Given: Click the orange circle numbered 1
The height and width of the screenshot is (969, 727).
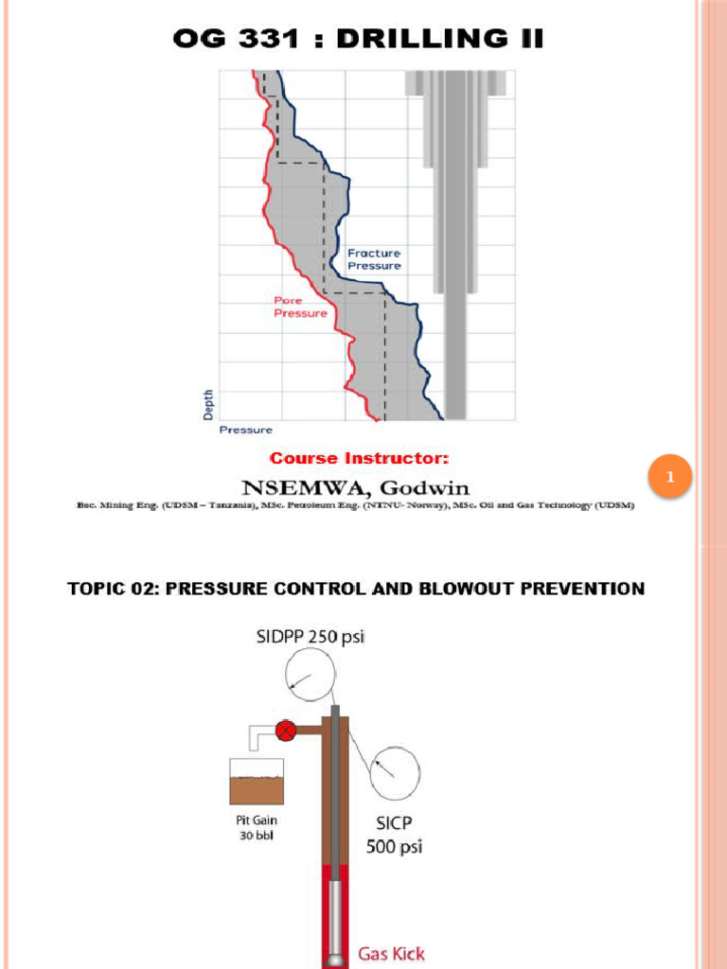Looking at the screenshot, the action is click(x=669, y=476).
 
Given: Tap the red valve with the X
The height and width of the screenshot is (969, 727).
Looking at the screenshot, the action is click(x=285, y=731).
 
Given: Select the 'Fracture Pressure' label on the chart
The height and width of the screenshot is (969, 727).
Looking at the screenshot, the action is click(x=374, y=259).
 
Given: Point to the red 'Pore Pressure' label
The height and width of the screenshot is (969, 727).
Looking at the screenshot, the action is click(x=300, y=307).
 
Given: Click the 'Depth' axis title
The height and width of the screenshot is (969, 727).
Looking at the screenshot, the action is click(x=208, y=405).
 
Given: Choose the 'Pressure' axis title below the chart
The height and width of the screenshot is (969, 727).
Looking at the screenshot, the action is click(x=245, y=431).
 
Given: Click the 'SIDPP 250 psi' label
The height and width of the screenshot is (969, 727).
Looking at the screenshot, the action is click(x=310, y=637).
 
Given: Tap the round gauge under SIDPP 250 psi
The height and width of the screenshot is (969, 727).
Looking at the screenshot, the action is click(x=310, y=675).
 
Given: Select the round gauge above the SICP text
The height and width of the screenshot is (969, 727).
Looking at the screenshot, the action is click(x=395, y=772).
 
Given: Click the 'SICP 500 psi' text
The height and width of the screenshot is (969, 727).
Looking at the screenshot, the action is click(x=395, y=835).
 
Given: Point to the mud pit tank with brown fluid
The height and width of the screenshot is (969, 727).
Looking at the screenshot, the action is click(x=257, y=782).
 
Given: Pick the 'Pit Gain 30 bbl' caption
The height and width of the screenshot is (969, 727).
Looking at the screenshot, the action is click(x=257, y=828).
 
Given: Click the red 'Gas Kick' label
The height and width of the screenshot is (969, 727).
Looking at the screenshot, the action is click(x=391, y=954).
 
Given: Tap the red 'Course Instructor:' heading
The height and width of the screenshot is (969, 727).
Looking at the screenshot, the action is click(x=359, y=459).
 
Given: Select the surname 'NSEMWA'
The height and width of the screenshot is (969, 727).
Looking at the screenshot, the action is click(x=307, y=488).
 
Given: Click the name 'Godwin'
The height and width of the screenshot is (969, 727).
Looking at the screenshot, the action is click(x=425, y=487).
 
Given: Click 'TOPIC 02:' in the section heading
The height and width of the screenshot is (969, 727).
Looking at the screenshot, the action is click(x=114, y=589).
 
